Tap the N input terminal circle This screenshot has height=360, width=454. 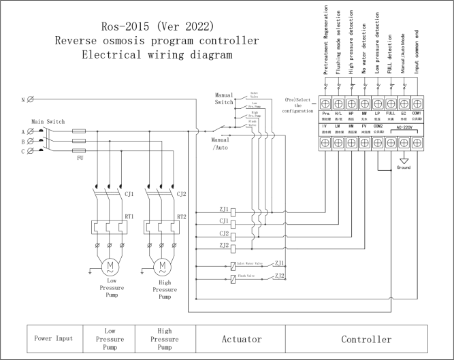pyautogui.click(x=31, y=100)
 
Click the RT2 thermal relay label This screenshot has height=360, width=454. pyautogui.click(x=181, y=216)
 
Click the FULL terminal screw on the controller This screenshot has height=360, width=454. pyautogui.click(x=391, y=104)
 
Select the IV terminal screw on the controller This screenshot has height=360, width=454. pyautogui.click(x=326, y=144)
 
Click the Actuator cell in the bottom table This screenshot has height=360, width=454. pyautogui.click(x=240, y=338)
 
